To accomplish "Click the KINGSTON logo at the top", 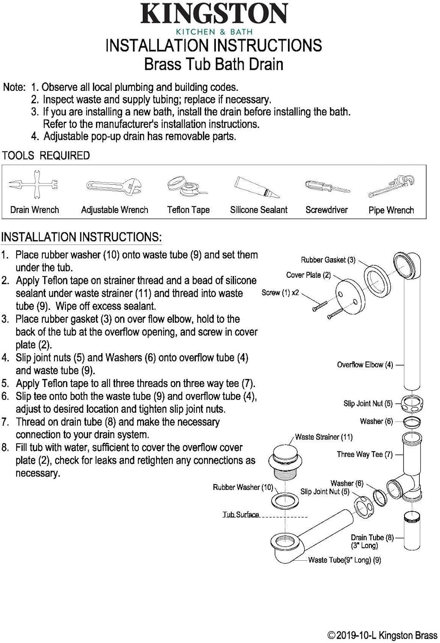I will click(x=214, y=14).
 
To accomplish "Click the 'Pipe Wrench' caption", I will click(x=391, y=210).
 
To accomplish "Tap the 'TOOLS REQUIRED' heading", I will click(x=46, y=156).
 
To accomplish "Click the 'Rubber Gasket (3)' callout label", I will click(x=328, y=260).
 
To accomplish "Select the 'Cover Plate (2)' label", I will click(x=308, y=275).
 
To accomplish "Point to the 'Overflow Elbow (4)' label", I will click(x=365, y=365).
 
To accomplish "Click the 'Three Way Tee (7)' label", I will click(x=364, y=454).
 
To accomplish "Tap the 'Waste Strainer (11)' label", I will click(x=323, y=437).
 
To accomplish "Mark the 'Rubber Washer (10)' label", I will click(x=242, y=487).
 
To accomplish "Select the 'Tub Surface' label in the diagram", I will click(x=240, y=514).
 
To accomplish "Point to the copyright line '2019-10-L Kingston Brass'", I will click(x=382, y=635).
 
